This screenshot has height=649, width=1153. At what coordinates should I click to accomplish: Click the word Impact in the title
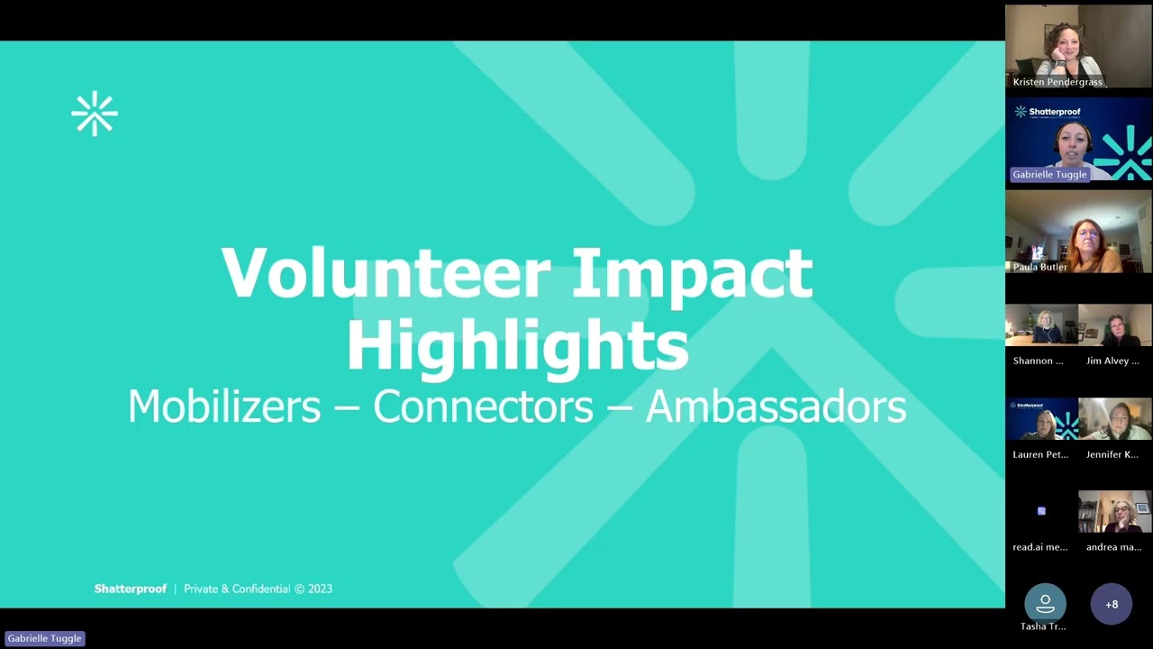point(692,273)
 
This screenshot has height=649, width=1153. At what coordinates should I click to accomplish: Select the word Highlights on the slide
point(517,345)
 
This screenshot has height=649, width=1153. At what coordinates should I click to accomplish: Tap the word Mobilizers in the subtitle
point(224,407)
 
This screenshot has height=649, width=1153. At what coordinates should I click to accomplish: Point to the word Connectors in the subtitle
point(483,407)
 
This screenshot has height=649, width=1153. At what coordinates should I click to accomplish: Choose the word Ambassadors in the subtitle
point(776,407)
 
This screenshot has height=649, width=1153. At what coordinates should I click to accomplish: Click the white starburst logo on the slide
point(95,114)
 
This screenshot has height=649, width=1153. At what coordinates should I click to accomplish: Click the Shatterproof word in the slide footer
point(131,589)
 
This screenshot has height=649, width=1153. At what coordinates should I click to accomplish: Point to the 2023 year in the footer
point(320,589)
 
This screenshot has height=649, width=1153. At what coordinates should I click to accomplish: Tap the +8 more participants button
point(1112,605)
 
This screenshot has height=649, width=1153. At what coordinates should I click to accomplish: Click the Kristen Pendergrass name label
point(1058,82)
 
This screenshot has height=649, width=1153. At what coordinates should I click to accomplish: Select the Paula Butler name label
point(1040,267)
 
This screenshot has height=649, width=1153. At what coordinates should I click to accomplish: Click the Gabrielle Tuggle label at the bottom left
point(45,638)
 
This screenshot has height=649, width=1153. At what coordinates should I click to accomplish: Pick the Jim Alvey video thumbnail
point(1115,325)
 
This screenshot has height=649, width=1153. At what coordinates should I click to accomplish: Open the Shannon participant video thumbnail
point(1041,325)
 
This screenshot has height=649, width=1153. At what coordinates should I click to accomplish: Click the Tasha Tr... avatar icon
point(1045,602)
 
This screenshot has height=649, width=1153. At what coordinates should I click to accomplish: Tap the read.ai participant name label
point(1040,547)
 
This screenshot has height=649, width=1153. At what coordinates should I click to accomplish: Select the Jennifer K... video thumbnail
point(1115,419)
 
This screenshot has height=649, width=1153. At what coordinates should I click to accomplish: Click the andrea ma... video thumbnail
point(1115,511)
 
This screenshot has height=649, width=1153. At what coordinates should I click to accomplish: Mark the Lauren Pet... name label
point(1040,454)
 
